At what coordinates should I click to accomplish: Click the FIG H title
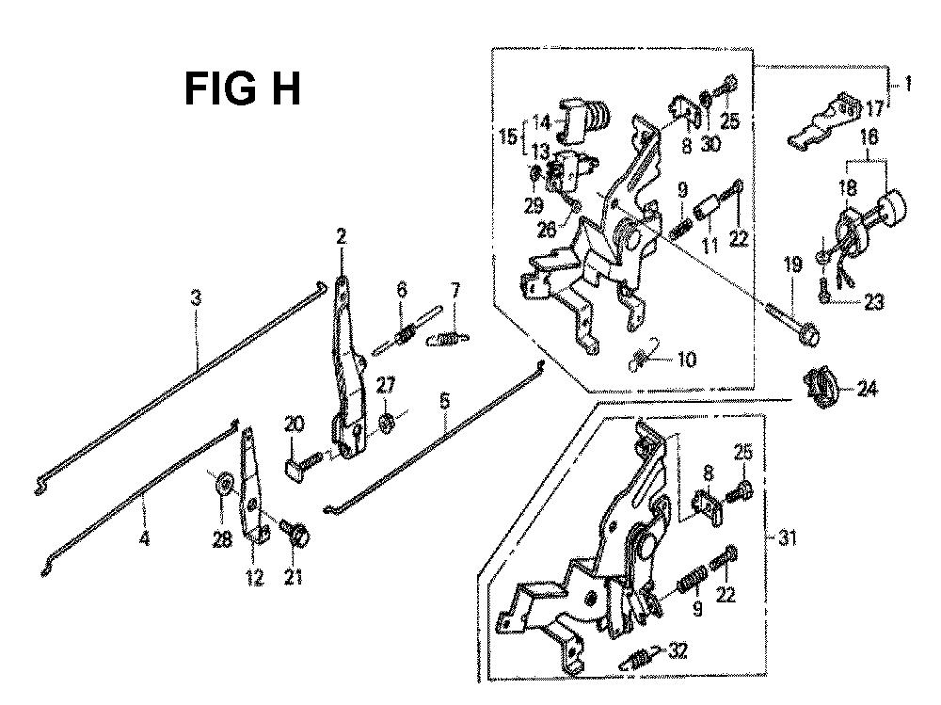point(242,90)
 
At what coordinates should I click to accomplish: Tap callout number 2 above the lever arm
point(341,236)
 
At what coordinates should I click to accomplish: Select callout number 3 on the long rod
point(196,299)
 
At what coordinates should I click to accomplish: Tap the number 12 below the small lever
point(252,577)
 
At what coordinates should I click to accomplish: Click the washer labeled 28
point(222,484)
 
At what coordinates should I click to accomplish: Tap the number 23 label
point(875,302)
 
